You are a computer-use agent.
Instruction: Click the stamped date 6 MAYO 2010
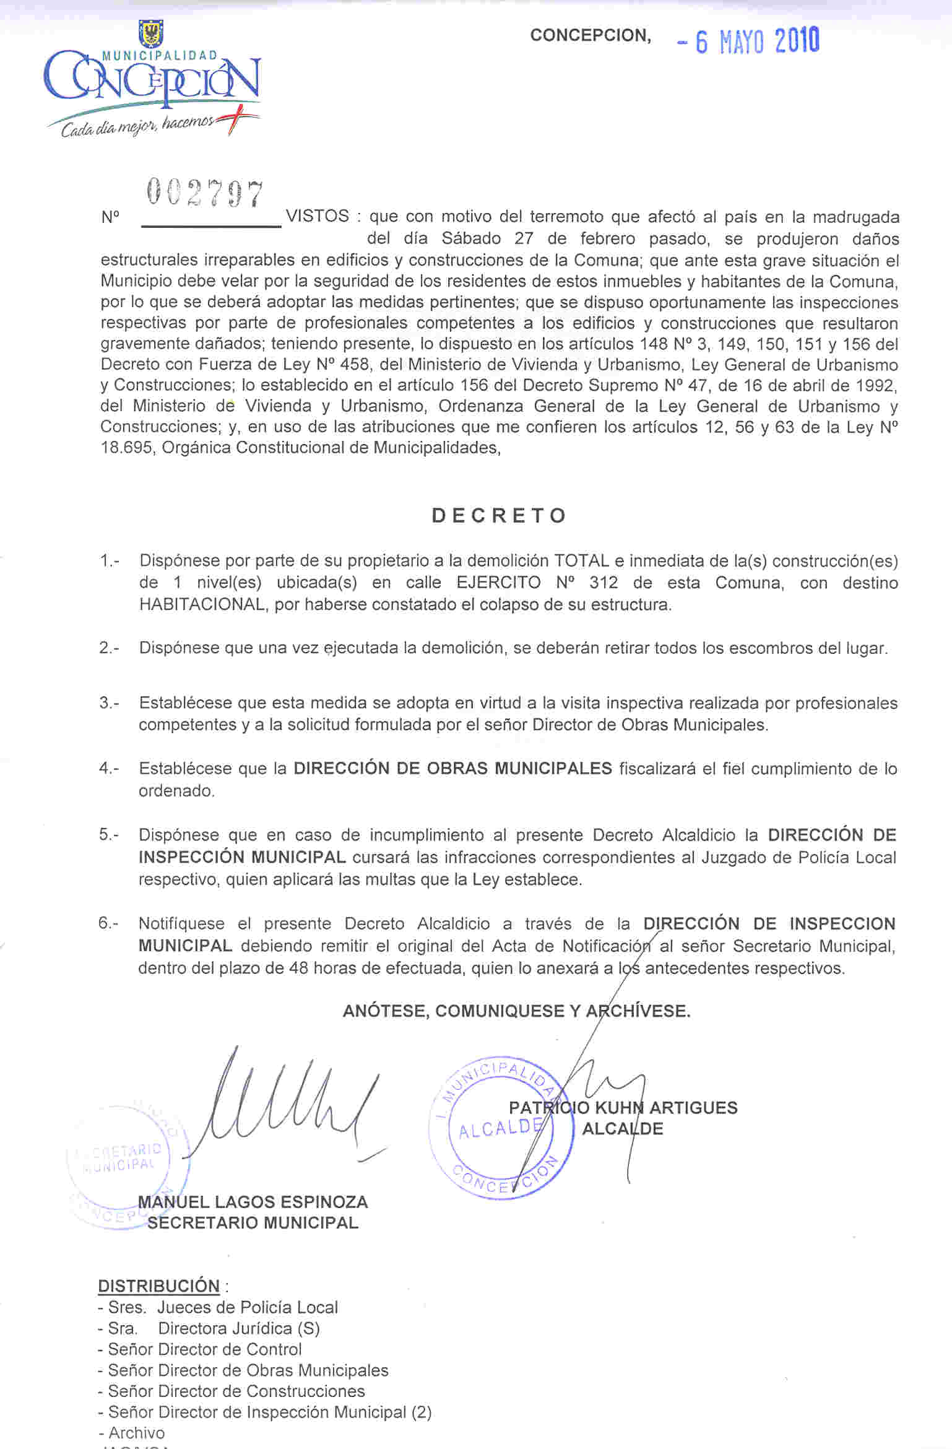point(749,41)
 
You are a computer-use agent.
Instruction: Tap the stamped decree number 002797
point(205,193)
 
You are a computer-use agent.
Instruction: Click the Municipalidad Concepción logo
point(152,80)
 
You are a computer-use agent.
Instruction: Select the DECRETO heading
point(499,516)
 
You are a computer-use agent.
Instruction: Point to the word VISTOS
point(318,216)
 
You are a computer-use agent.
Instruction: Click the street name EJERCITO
point(498,583)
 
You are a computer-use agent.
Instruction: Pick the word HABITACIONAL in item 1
point(202,604)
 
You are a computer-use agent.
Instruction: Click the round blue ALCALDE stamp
point(495,1128)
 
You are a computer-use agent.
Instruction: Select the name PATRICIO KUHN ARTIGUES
point(623,1108)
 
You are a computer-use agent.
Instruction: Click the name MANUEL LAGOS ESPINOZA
point(253,1202)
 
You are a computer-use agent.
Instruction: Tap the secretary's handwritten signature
point(285,1103)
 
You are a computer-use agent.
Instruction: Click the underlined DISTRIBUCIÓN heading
point(159,1286)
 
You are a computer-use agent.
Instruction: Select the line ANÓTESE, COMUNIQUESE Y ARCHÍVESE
point(516,1011)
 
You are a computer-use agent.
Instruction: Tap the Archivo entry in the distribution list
point(136,1432)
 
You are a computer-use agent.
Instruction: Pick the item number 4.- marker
point(109,768)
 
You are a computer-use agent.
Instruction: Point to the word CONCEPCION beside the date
point(589,36)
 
